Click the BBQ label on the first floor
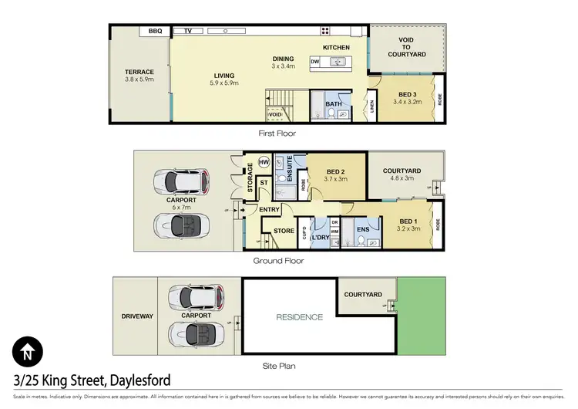(x=155, y=32)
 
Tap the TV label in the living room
(x=187, y=32)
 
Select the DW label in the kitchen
(x=314, y=61)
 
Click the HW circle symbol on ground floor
(x=264, y=163)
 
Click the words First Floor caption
(x=277, y=133)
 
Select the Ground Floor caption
(x=278, y=261)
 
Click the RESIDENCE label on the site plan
(x=300, y=317)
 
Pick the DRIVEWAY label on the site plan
(x=135, y=316)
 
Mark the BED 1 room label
(x=407, y=225)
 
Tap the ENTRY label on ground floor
(x=270, y=209)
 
